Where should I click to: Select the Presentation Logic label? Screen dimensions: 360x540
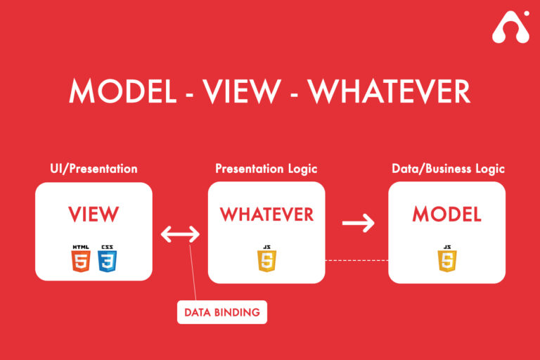click(266, 169)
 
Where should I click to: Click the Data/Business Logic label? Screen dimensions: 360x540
click(448, 169)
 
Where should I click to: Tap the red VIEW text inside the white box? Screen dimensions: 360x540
click(94, 214)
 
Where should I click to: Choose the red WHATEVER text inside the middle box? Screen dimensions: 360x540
click(266, 214)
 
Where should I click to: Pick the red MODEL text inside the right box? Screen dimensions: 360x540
click(446, 214)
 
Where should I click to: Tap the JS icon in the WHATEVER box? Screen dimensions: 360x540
click(266, 259)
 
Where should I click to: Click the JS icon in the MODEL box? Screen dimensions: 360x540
click(446, 259)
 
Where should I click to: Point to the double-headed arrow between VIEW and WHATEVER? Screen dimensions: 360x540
click(180, 234)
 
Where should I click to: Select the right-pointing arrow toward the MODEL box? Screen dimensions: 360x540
click(358, 224)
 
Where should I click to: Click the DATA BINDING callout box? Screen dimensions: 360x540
click(221, 312)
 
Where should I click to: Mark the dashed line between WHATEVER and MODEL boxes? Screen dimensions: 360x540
click(356, 261)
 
